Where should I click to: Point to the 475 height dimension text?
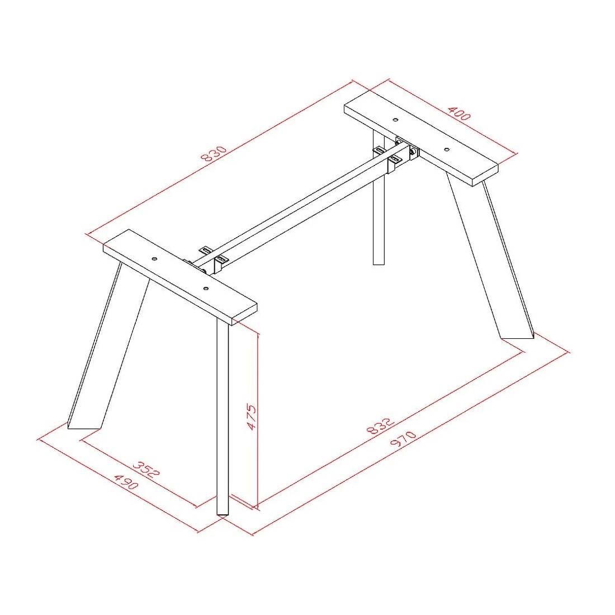click(x=251, y=417)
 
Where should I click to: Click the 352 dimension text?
click(x=146, y=469)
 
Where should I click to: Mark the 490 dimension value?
click(x=126, y=481)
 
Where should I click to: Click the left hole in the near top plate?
click(x=154, y=259)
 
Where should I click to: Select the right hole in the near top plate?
click(x=206, y=288)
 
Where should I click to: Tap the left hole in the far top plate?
click(x=396, y=120)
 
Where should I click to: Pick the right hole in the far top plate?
click(x=447, y=149)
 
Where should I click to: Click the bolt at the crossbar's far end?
click(x=413, y=152)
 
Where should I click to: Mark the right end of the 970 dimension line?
click(x=567, y=352)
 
